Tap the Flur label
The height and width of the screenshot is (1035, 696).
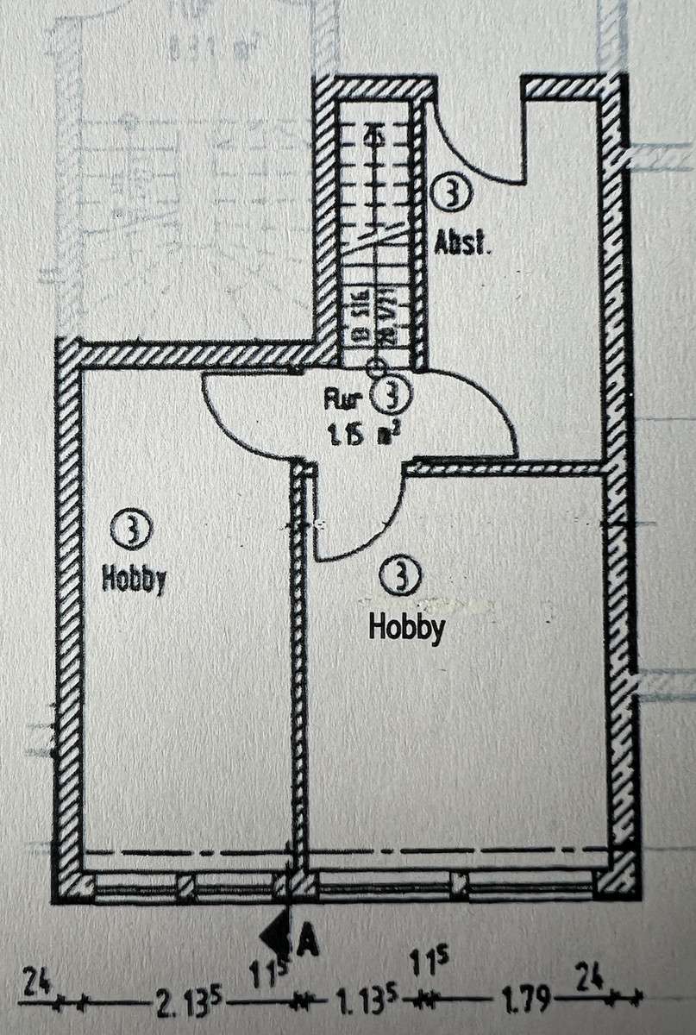point(341,399)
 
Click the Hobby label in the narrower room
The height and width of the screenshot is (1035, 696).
point(133,579)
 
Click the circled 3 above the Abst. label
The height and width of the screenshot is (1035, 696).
point(450,193)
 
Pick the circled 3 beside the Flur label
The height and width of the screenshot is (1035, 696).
point(393,395)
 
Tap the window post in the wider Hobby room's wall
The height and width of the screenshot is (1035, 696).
point(460,884)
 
